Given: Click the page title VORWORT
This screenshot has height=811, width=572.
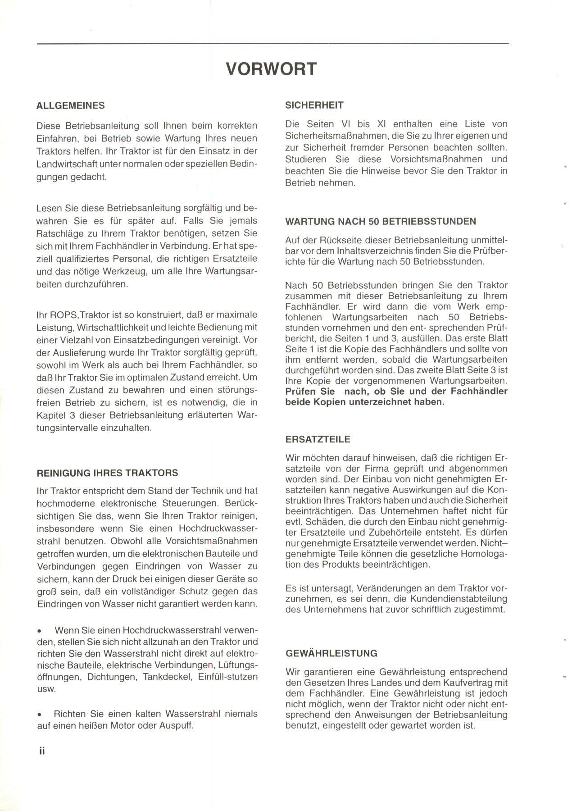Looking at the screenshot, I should (271, 69).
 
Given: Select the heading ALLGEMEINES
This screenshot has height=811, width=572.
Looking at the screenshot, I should (70, 106).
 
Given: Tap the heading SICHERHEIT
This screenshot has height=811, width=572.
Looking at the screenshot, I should (314, 105).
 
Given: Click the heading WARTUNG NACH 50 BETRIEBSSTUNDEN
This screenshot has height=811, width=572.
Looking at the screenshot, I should (381, 222).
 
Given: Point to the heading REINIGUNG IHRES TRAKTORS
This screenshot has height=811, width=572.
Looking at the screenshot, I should (107, 473).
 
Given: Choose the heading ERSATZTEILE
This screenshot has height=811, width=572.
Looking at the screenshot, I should (318, 439).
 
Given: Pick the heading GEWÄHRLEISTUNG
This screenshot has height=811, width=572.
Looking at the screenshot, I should (331, 653).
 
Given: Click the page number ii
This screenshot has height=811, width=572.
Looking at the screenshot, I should (42, 751).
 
